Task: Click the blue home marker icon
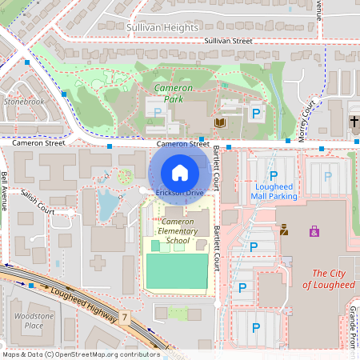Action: point(180,172)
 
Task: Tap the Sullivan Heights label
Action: point(162,27)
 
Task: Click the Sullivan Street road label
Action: point(228,40)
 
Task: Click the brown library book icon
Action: point(220,122)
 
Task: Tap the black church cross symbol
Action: point(354,122)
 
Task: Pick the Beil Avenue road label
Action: point(5,189)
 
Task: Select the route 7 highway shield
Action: point(126,318)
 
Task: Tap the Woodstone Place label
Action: point(34,320)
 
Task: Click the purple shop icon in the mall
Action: point(314,231)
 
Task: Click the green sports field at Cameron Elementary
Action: point(176,270)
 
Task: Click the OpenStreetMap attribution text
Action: point(81,354)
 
